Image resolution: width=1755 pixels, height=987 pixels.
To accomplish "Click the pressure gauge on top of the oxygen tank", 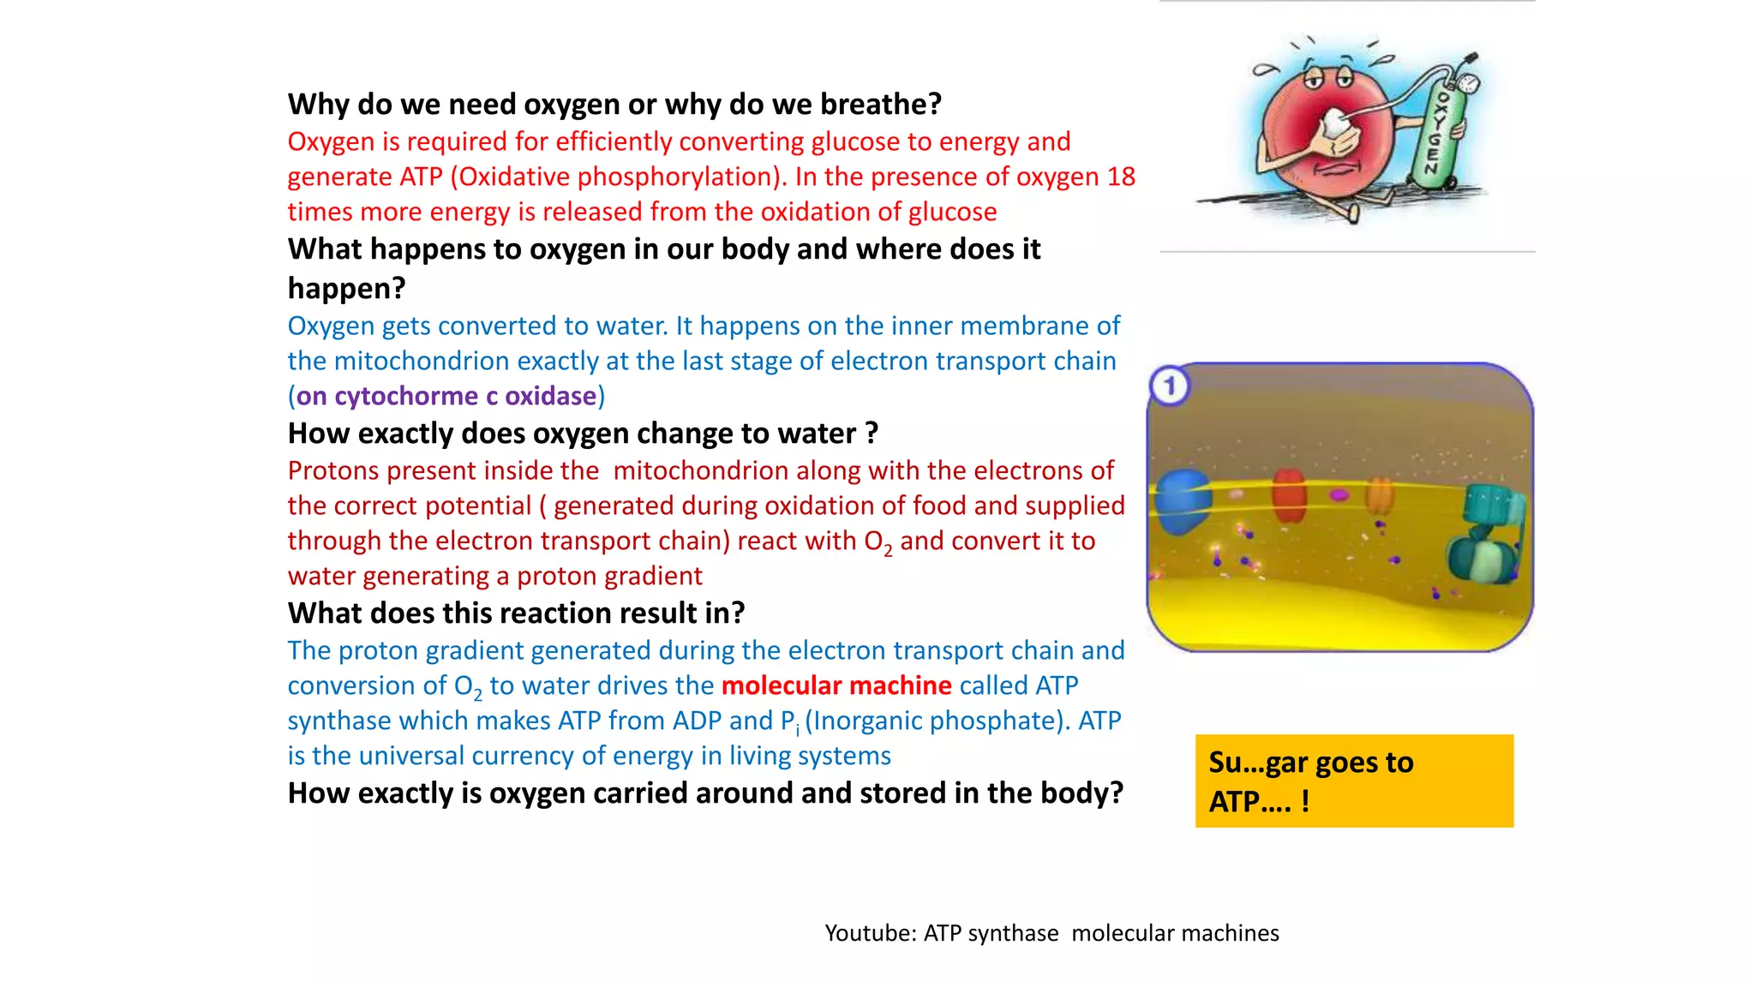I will tap(1469, 83).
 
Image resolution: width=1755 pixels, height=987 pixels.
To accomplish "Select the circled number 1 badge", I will tap(1170, 386).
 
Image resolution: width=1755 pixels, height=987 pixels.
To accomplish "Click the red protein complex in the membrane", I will tap(1289, 494).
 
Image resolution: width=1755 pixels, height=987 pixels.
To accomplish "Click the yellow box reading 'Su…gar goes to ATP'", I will tap(1354, 781).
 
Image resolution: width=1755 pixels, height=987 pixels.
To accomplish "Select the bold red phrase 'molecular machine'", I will tap(836, 685).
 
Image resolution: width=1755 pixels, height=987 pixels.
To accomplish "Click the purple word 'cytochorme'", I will tap(405, 396).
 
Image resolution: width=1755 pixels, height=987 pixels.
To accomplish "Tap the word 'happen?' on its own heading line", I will tap(346, 289).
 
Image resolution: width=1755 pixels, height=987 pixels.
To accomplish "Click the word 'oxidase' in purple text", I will tap(550, 396).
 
